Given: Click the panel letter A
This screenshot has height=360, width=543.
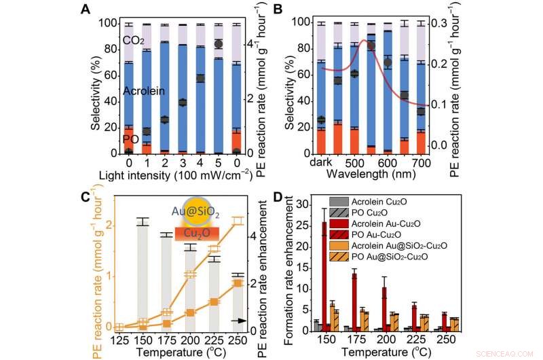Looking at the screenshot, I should coord(86,9).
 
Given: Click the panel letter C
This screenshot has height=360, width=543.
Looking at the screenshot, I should coord(86,197).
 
